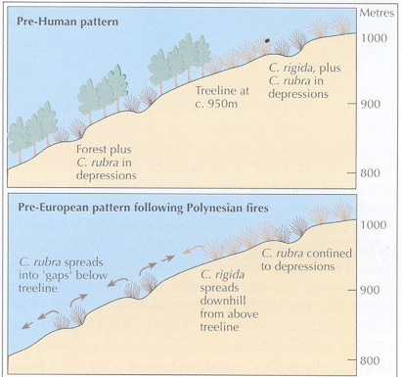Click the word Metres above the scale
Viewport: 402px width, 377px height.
click(377, 13)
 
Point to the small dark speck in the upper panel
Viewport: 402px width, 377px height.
click(264, 40)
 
